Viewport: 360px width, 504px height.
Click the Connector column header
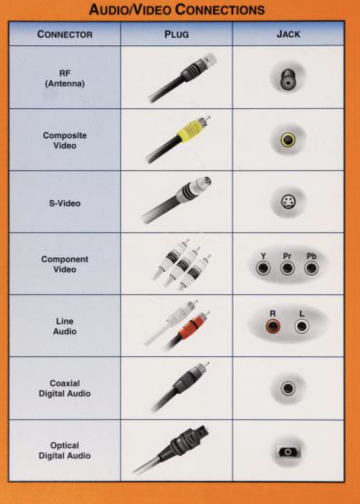(64, 34)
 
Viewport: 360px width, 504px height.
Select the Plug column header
(176, 34)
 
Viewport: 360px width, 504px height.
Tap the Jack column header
(288, 34)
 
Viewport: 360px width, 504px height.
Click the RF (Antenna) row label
(64, 78)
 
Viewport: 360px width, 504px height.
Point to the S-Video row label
(64, 203)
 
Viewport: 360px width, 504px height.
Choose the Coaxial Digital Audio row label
(64, 388)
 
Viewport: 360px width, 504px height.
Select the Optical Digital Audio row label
(64, 450)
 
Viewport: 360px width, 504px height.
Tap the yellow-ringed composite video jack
(288, 140)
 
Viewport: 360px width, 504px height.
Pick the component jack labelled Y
(263, 268)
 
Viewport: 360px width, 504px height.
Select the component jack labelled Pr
(287, 268)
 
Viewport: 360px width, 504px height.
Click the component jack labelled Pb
(311, 268)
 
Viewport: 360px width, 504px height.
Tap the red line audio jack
(273, 327)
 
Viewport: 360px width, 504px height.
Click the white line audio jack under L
(302, 327)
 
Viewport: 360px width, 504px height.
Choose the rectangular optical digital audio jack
(288, 452)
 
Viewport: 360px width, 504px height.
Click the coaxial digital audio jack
(288, 388)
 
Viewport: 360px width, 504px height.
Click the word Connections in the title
(220, 10)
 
